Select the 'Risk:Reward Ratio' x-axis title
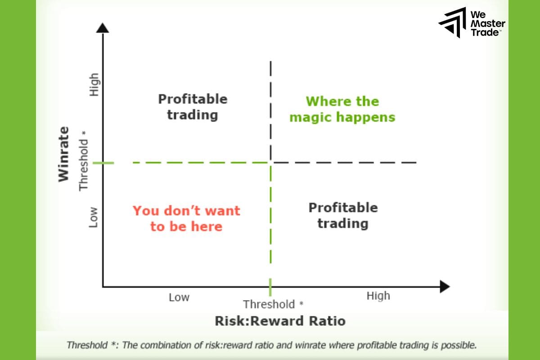280,321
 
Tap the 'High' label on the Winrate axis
94,85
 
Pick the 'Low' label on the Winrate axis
93,217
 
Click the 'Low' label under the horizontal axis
179,297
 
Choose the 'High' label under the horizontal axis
378,296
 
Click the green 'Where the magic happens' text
342,109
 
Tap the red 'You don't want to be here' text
186,218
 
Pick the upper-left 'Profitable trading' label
193,107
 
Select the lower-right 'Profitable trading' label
342,215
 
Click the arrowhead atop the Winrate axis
103,28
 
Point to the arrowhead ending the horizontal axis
445,286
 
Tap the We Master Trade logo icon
452,22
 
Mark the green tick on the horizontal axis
270,287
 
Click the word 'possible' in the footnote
462,346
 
